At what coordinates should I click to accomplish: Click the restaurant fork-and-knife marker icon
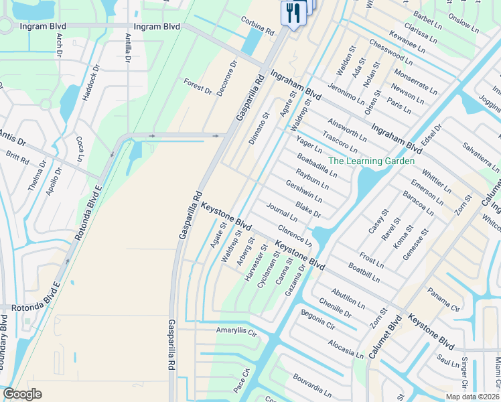tap(293, 13)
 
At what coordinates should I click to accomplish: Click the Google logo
tap(21, 394)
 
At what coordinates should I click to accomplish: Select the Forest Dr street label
tap(198, 86)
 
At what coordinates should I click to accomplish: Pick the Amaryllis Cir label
tap(236, 331)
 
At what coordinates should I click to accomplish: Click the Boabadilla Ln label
tap(317, 165)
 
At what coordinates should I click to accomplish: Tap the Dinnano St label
tap(260, 127)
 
